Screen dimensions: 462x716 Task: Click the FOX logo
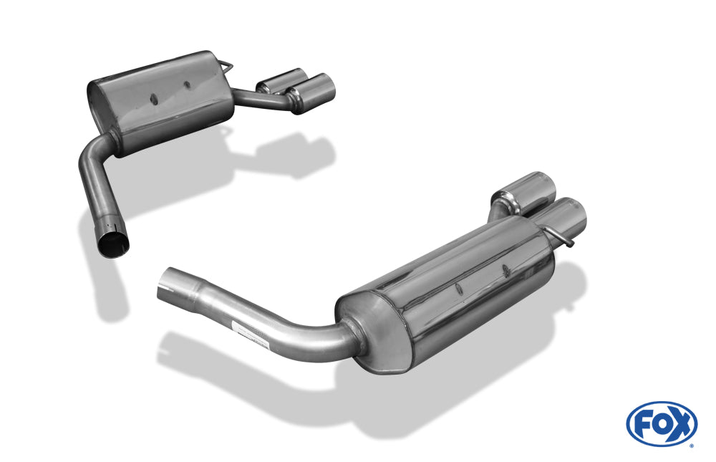click(x=661, y=424)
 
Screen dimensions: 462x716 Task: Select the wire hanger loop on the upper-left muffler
click(x=226, y=66)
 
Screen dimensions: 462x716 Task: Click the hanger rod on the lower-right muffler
click(x=562, y=236)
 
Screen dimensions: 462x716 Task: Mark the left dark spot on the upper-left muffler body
click(x=153, y=95)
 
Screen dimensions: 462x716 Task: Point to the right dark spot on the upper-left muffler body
click(x=187, y=85)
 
